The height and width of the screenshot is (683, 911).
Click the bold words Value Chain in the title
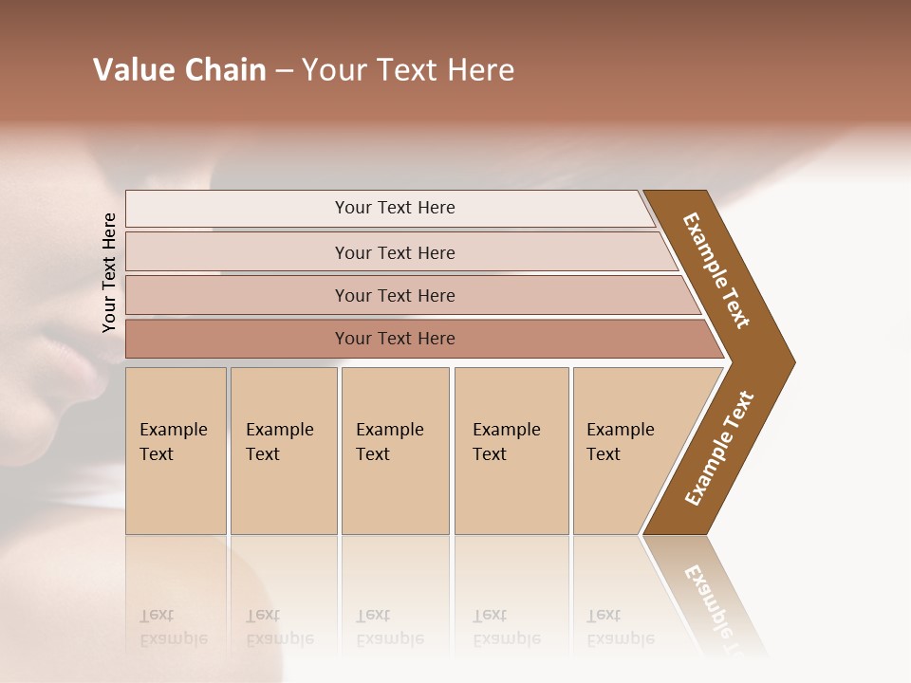coord(179,70)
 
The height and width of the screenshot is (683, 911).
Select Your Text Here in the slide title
coord(408,70)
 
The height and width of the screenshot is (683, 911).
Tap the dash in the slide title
coord(284,71)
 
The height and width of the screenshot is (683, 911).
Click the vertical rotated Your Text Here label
coord(109,272)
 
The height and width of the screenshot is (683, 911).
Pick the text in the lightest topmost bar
coord(395,208)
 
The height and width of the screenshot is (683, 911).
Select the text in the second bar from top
coord(395,252)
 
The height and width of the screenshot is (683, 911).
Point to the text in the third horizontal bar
coord(395,295)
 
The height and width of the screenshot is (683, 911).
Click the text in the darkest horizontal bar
coord(395,338)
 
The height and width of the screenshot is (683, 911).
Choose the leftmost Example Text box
coord(176,451)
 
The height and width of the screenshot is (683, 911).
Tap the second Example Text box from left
coord(283,451)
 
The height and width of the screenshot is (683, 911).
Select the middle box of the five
coord(395,451)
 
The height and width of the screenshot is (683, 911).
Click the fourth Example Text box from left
coord(511,451)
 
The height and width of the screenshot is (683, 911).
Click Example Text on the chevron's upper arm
coord(716,270)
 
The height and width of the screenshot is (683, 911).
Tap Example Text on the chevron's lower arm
coord(719,449)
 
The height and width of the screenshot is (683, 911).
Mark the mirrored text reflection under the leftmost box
coord(173,627)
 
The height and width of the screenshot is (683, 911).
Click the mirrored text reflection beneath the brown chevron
coord(712,598)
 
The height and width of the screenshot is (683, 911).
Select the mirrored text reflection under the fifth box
coord(620,627)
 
